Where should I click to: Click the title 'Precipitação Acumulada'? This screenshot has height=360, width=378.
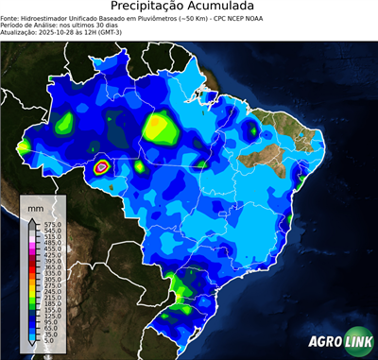(188, 9)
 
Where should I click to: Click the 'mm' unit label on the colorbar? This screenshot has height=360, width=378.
(36, 205)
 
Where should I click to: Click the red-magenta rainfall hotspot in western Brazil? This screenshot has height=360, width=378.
(102, 167)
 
